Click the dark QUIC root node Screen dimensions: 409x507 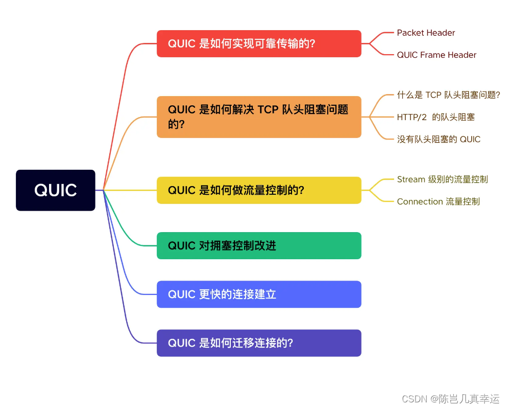tap(56, 190)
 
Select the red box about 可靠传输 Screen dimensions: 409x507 tap(259, 43)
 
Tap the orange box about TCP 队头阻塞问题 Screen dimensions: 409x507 tap(259, 117)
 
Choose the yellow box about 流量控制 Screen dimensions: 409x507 tap(259, 190)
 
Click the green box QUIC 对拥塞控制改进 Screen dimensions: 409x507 tap(259, 245)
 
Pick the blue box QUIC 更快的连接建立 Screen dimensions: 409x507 tap(259, 294)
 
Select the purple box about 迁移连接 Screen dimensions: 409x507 tap(259, 343)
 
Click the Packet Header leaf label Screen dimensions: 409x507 tap(426, 33)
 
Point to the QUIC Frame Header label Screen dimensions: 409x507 tap(437, 55)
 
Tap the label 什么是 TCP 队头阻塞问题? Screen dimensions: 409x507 tap(448, 95)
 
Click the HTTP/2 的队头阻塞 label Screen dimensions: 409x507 tap(436, 117)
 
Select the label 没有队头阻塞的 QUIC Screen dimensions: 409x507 tap(439, 139)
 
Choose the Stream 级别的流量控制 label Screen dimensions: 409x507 tap(442, 179)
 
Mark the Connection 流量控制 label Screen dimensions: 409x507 tap(438, 201)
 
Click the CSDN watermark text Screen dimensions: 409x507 tap(450, 399)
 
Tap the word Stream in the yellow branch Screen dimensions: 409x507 tap(411, 179)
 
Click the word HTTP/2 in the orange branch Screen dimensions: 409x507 tap(412, 117)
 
